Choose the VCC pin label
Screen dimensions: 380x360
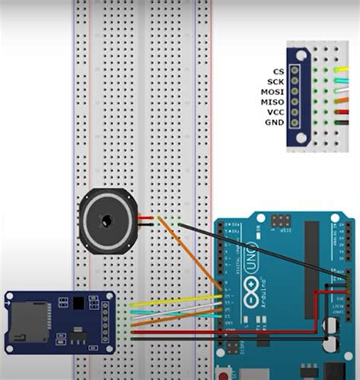pyautogui.click(x=275, y=112)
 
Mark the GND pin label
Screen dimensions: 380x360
pyautogui.click(x=275, y=122)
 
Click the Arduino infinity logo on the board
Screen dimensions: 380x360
pyautogui.click(x=251, y=291)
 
